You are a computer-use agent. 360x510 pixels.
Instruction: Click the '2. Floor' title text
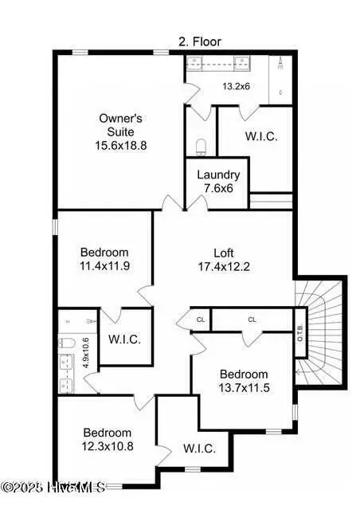click(199, 41)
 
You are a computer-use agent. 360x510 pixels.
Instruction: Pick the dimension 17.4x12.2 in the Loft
click(224, 266)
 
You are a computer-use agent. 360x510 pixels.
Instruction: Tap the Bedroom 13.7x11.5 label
click(245, 375)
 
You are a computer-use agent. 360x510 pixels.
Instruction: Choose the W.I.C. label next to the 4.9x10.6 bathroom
click(124, 339)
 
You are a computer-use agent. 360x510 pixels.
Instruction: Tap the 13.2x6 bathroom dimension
click(237, 87)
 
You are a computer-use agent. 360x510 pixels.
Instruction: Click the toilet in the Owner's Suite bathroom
click(202, 146)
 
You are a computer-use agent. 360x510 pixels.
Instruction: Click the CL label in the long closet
click(252, 320)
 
